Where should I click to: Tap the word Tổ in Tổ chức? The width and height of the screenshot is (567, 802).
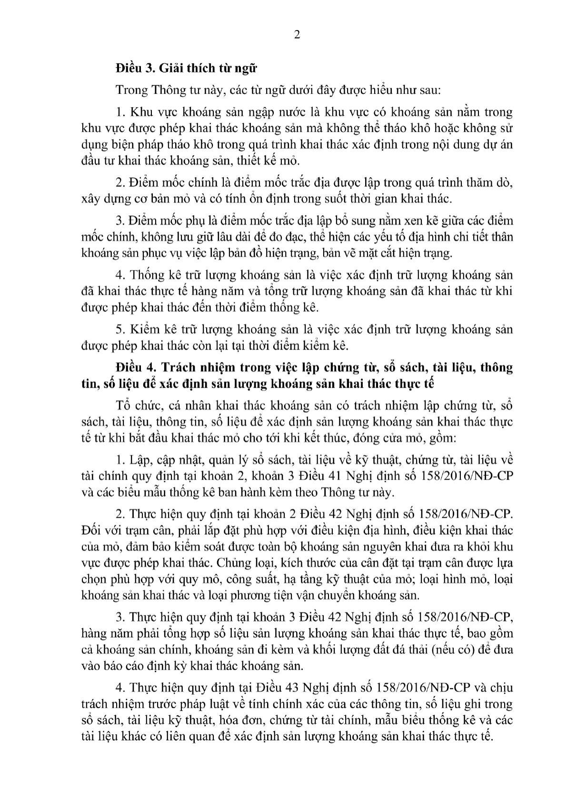tap(122, 406)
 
